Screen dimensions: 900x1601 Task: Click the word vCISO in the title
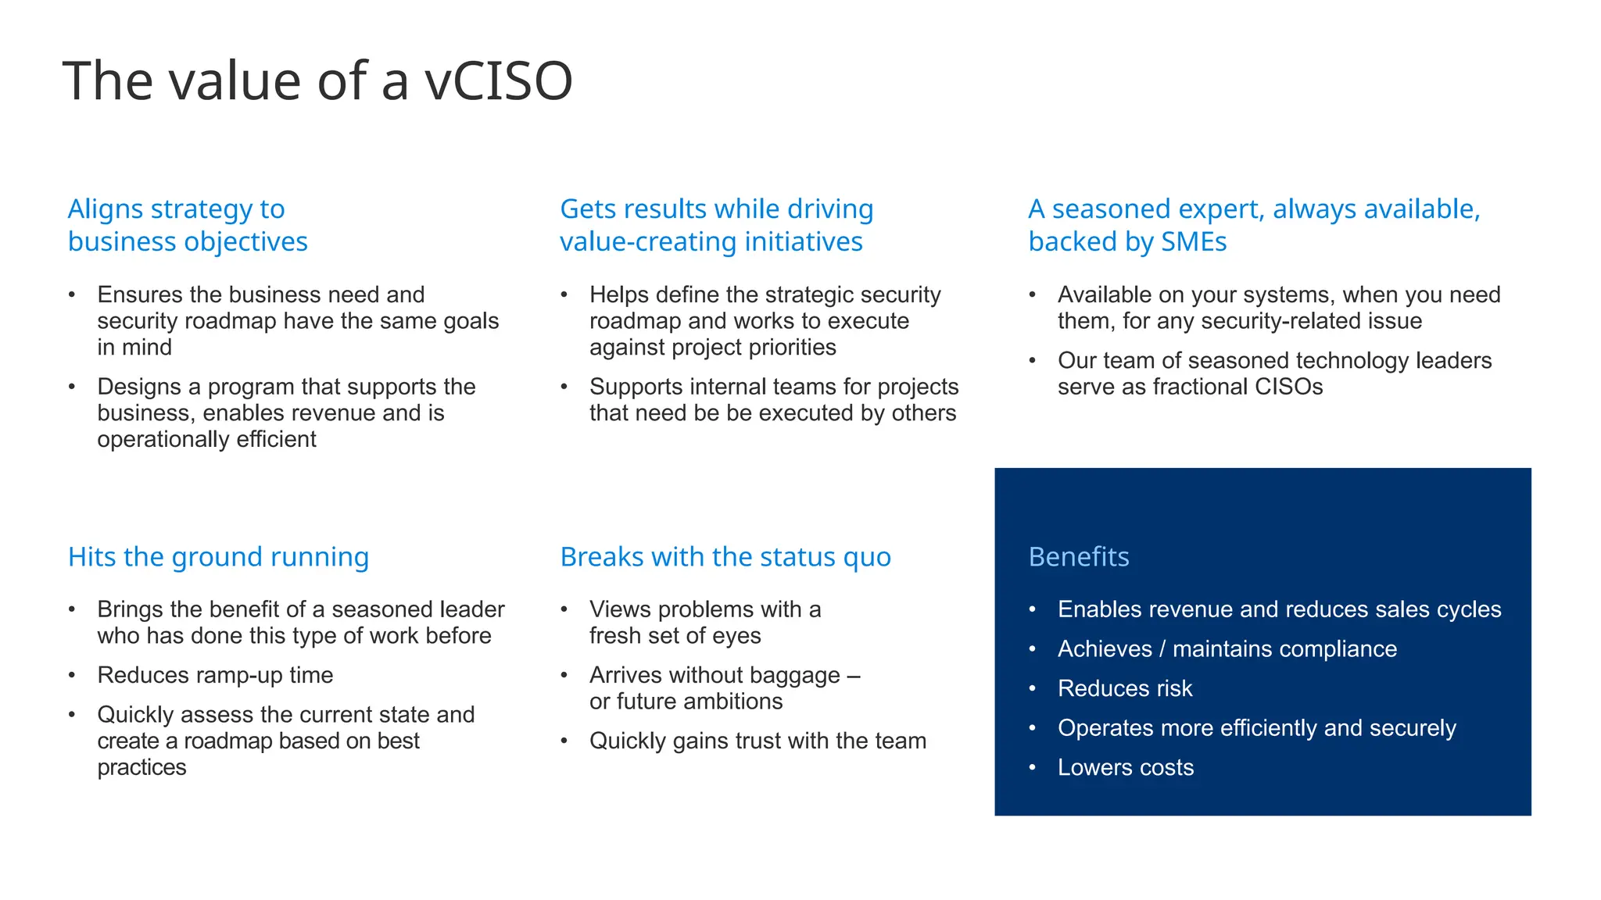coord(499,81)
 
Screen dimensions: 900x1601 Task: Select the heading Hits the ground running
coord(218,557)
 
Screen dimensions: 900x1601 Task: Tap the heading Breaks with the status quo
coord(725,557)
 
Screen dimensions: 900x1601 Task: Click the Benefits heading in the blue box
coord(1079,557)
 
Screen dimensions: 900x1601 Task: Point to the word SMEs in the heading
coord(1194,242)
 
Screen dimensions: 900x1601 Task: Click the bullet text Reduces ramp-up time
coord(215,675)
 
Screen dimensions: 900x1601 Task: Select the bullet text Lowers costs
coord(1126,767)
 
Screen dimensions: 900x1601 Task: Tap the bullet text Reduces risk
coord(1125,688)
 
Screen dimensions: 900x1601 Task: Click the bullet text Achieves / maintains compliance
coord(1227,649)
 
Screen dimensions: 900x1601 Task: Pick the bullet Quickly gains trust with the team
coord(758,741)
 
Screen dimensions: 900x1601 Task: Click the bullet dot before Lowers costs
coord(1033,767)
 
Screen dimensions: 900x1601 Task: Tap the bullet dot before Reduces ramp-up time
coord(72,675)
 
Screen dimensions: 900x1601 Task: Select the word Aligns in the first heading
coord(106,209)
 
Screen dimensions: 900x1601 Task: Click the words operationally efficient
coord(206,439)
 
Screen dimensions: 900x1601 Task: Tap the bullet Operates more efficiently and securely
coord(1256,728)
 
